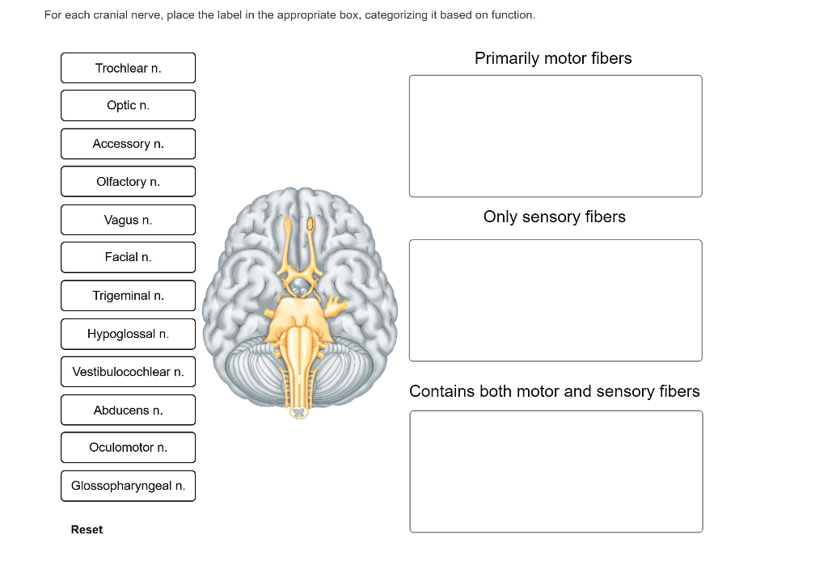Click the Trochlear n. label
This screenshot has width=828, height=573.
128,68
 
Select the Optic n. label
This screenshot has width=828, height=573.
128,106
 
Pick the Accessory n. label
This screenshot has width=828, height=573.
128,144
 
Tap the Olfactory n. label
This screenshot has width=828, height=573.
128,182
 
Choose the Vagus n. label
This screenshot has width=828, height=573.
128,220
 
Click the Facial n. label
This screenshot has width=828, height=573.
128,257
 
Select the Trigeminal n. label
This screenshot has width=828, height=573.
128,296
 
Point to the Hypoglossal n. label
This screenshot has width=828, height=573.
128,334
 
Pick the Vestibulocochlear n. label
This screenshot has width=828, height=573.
128,372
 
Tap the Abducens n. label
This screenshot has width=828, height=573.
128,411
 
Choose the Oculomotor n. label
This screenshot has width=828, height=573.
128,448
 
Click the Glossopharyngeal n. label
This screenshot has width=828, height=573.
128,486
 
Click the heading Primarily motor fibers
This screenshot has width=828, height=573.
553,58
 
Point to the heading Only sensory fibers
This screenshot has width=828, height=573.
554,217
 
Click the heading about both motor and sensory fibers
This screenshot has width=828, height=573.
554,391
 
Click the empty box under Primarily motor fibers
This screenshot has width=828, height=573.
556,136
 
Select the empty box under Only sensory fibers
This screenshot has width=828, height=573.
556,300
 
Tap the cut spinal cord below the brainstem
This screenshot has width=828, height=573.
301,413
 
